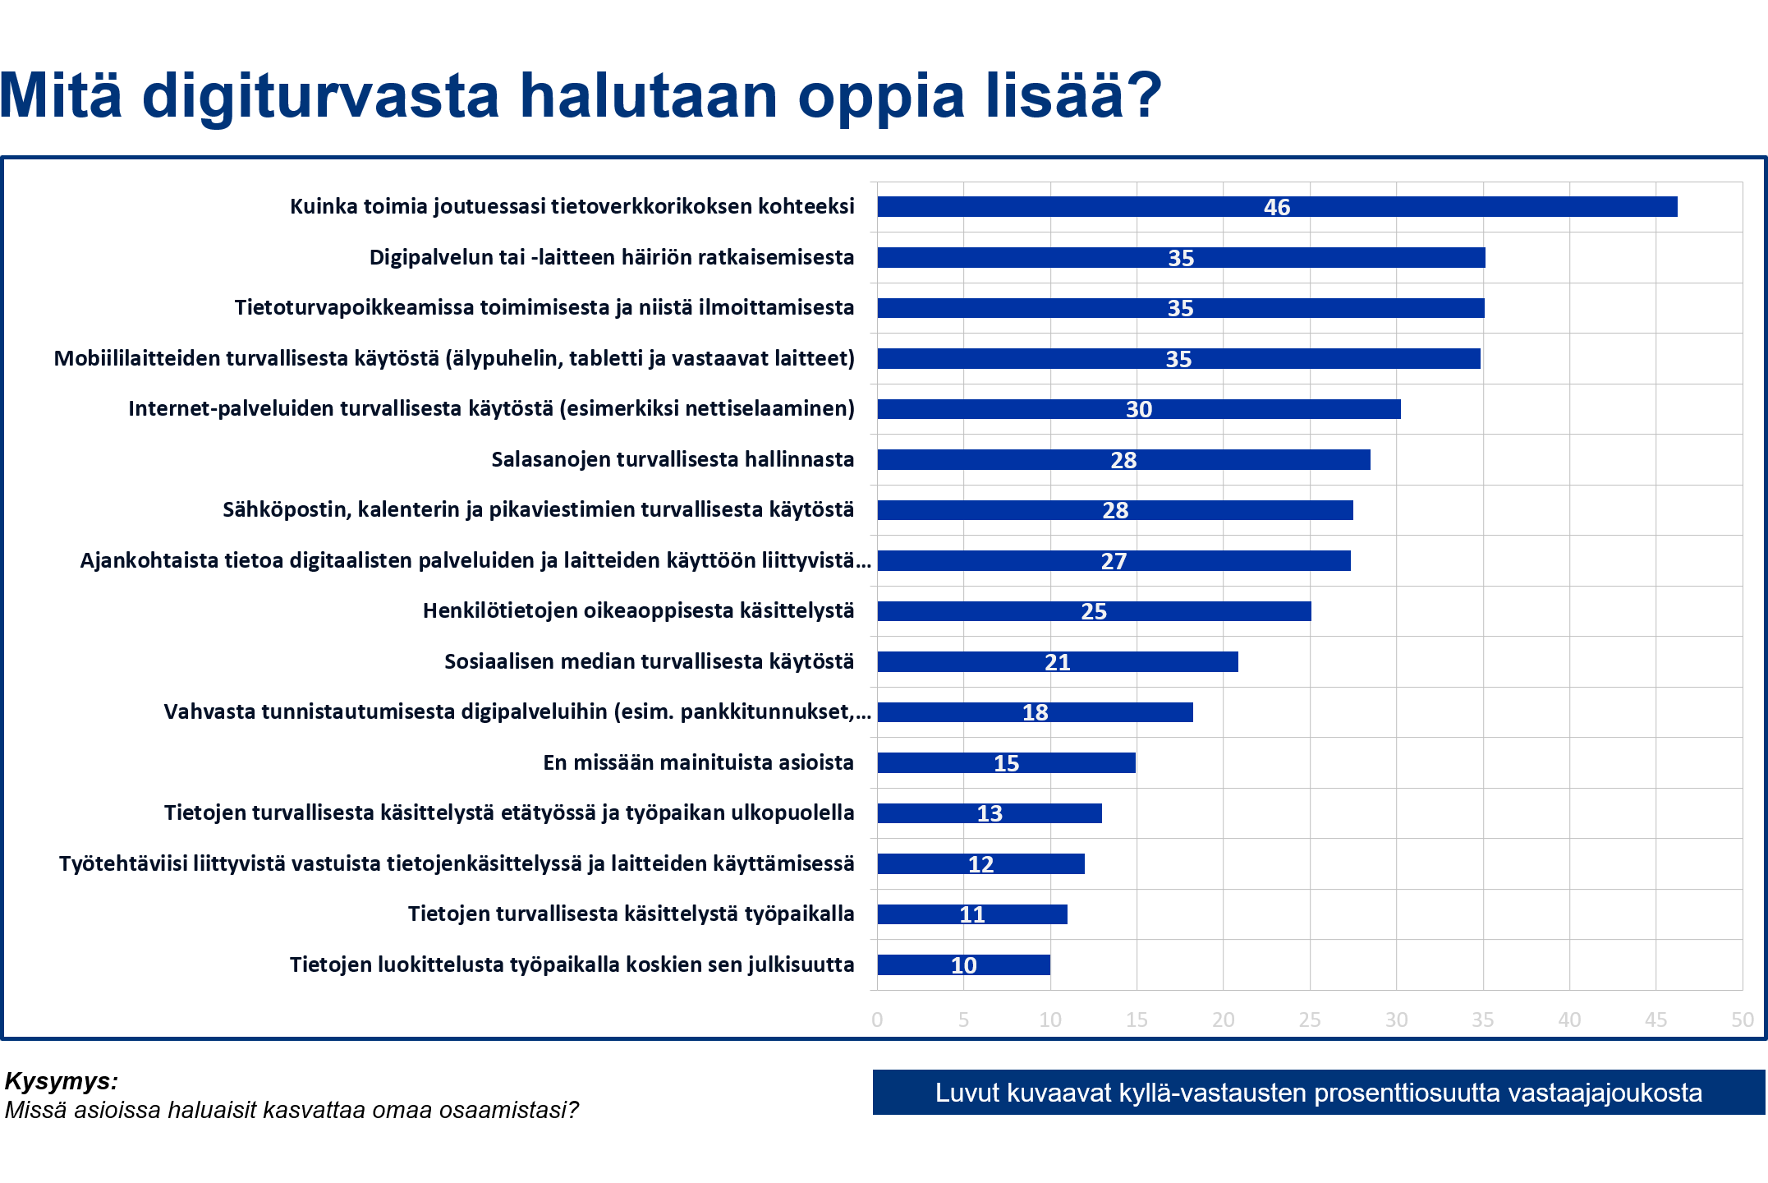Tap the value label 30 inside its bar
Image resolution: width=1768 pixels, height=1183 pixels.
(x=1139, y=409)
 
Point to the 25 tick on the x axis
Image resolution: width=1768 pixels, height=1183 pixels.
(x=1310, y=1020)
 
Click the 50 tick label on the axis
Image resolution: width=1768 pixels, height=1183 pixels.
(x=1742, y=1020)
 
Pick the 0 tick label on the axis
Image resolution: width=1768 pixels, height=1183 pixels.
(x=877, y=1020)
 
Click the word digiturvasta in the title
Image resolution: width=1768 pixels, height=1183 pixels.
(x=320, y=97)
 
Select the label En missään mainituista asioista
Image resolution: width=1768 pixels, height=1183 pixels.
(x=698, y=762)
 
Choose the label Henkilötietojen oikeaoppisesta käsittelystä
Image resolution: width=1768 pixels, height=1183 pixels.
(x=638, y=610)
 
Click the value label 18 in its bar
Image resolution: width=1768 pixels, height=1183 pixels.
(x=1035, y=712)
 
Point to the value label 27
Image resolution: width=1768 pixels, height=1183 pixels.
(x=1114, y=561)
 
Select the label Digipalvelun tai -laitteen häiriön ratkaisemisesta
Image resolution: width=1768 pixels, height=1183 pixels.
(x=612, y=257)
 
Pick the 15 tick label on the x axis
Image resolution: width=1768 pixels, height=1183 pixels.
(x=1137, y=1020)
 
